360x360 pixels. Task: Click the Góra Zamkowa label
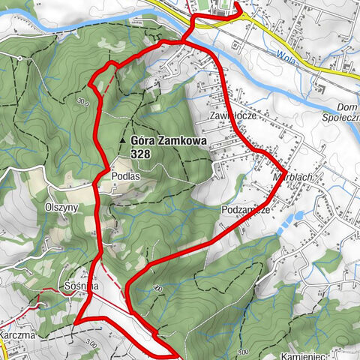point(164,139)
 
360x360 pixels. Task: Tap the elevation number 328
point(139,152)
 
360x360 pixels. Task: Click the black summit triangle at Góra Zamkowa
point(122,140)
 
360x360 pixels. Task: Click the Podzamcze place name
point(245,210)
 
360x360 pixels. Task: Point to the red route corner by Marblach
point(280,166)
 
